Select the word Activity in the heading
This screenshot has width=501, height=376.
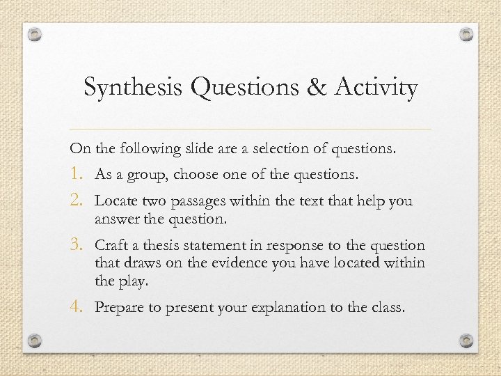376,88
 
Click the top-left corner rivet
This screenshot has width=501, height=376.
35,34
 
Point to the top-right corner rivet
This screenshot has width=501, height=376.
467,34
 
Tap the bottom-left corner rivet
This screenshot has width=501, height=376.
35,341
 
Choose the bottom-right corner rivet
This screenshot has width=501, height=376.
467,341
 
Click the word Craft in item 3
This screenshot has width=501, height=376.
110,246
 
